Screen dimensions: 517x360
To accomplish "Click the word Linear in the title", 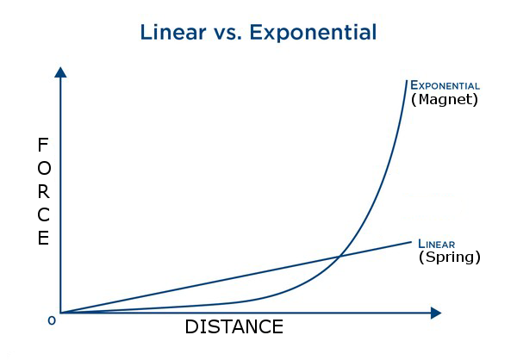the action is click(x=173, y=32).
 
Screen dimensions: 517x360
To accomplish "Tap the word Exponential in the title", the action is click(x=313, y=33).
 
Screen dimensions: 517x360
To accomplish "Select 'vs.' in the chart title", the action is click(x=227, y=34).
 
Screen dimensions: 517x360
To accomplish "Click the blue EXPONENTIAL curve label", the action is click(x=445, y=85).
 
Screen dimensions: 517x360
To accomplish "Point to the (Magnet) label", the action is click(x=445, y=99).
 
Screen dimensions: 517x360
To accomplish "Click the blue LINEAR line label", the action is click(x=437, y=244).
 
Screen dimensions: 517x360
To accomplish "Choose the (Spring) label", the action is click(x=450, y=258).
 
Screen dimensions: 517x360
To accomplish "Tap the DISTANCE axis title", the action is click(x=234, y=326).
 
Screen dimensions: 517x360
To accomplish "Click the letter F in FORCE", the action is click(x=43, y=145).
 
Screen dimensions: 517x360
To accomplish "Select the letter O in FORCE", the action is click(x=44, y=168).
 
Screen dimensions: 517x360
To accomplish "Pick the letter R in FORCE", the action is click(x=44, y=191).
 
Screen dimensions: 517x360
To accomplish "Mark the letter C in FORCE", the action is click(x=44, y=215).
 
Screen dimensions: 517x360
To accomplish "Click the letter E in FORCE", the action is click(x=43, y=238).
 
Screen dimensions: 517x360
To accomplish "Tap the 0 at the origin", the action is click(x=52, y=320).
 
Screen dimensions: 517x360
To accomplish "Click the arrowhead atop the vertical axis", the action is click(x=60, y=72).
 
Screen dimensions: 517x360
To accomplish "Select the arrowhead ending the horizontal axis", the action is click(x=436, y=313).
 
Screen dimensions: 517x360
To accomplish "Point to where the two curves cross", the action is click(x=339, y=256).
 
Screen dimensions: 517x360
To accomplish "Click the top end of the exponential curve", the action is click(x=407, y=80).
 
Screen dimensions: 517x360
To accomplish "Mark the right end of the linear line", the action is click(x=411, y=242).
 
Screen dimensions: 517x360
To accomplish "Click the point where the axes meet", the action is click(x=60, y=313).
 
